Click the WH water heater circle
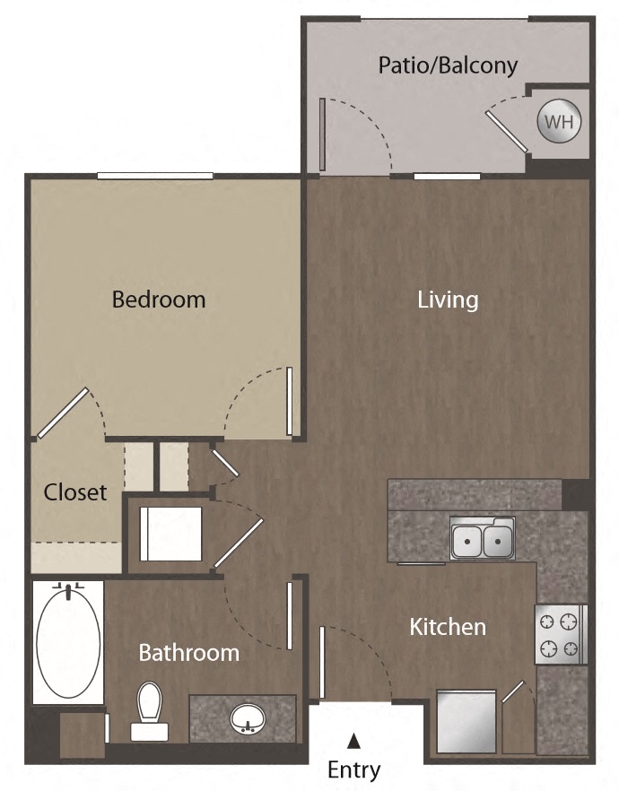pos(559,121)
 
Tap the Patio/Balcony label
pos(448,65)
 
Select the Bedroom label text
pos(159,299)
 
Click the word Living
pos(448,299)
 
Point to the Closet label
pos(75,491)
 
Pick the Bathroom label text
pos(188,652)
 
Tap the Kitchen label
pos(448,626)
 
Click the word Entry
pos(353,769)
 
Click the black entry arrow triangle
pos(354,741)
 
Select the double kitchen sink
pos(482,541)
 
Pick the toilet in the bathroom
pos(149,709)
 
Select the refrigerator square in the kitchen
pos(466,720)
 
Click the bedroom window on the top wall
pos(154,175)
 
